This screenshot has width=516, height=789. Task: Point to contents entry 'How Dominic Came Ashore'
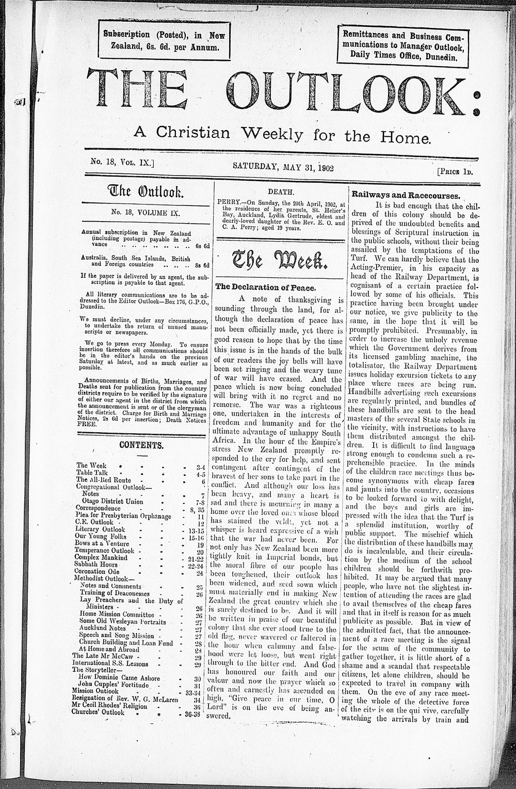pyautogui.click(x=119, y=677)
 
